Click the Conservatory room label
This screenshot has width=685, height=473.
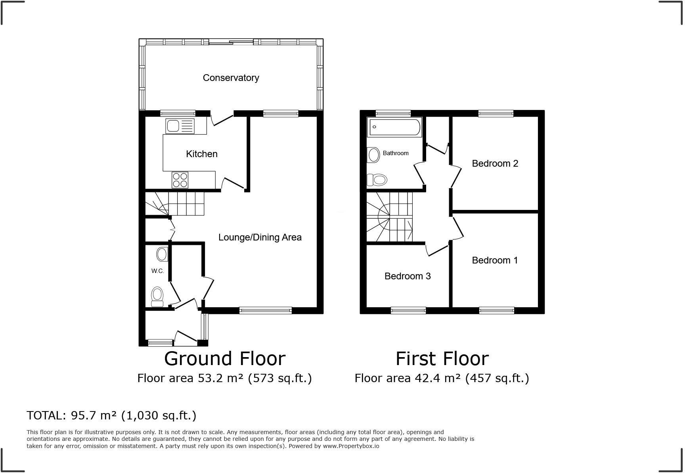pyautogui.click(x=231, y=78)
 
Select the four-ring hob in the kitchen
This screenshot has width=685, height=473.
pyautogui.click(x=180, y=180)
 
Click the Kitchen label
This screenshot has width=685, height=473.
pyautogui.click(x=202, y=154)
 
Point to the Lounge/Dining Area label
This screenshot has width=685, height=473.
pyautogui.click(x=260, y=237)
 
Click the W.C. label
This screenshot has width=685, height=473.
pyautogui.click(x=157, y=271)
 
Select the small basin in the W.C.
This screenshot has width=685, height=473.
pyautogui.click(x=162, y=254)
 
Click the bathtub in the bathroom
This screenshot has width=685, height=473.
pyautogui.click(x=394, y=127)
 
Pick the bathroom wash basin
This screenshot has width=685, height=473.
pyautogui.click(x=373, y=155)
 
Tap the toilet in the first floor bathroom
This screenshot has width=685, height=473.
pyautogui.click(x=377, y=180)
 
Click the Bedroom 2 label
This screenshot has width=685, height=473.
pyautogui.click(x=495, y=163)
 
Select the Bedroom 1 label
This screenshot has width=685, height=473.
pyautogui.click(x=495, y=260)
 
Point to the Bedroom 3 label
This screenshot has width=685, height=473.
pyautogui.click(x=408, y=276)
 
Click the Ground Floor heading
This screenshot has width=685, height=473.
pyautogui.click(x=225, y=359)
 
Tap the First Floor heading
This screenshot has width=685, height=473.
pyautogui.click(x=442, y=359)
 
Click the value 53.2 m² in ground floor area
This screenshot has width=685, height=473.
pyautogui.click(x=220, y=378)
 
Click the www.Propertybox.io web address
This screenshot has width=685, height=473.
pyautogui.click(x=351, y=446)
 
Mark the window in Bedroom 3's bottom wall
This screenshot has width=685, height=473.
pyautogui.click(x=408, y=310)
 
